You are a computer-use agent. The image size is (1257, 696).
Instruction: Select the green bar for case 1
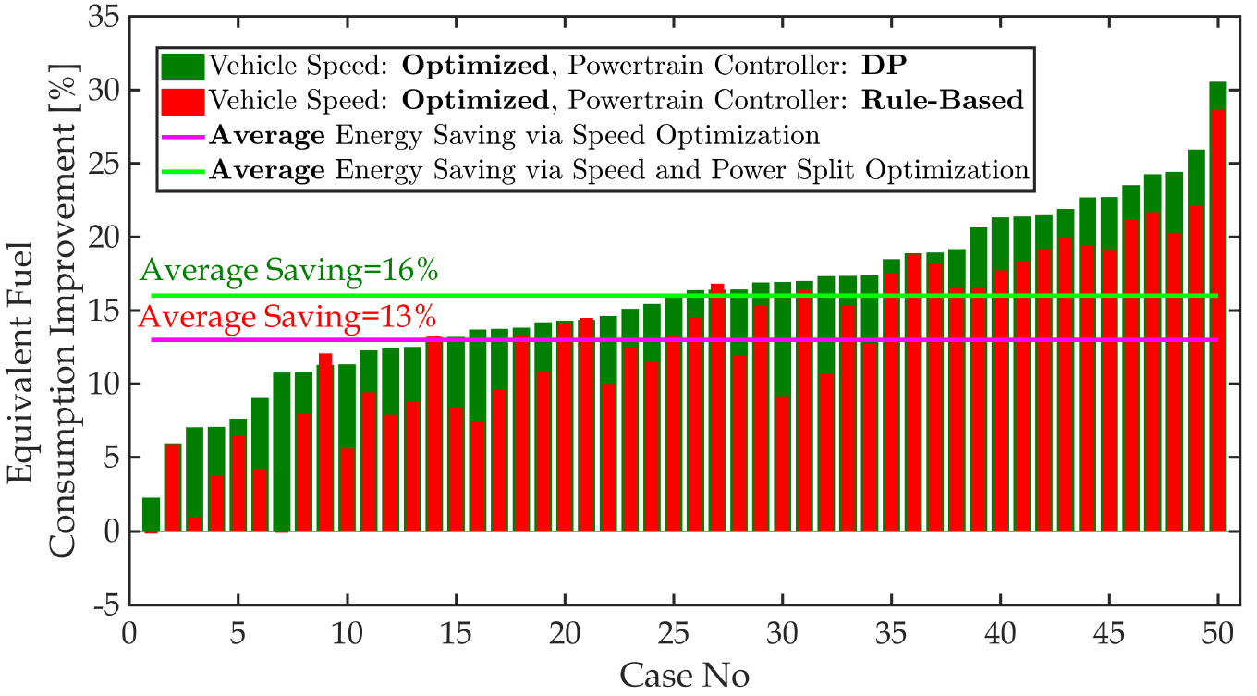151,514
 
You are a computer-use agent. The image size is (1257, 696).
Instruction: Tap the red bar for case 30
782,462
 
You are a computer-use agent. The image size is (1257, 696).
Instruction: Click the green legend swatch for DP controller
182,66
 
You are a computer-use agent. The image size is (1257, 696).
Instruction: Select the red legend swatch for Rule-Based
182,100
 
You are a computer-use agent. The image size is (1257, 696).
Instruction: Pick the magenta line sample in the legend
182,135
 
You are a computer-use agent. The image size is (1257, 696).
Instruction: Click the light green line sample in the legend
182,170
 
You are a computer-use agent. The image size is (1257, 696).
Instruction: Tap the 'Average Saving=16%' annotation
288,272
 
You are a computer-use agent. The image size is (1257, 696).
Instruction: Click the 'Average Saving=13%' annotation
287,316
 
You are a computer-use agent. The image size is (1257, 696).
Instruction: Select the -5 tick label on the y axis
104,605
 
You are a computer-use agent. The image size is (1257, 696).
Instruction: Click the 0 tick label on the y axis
111,531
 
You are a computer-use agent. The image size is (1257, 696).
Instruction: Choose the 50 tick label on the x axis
1218,637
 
